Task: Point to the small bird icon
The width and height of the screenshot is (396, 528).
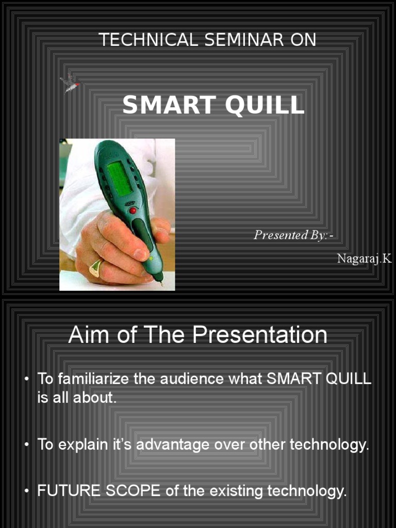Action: coord(70,82)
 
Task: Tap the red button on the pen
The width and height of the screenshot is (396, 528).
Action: coord(133,210)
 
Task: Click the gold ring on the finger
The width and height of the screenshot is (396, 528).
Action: coord(96,268)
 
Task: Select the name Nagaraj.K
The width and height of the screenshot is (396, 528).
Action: coord(364,258)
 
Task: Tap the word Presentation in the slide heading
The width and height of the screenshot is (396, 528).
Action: coord(260,335)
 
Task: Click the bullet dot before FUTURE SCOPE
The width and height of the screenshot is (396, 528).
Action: coord(26,491)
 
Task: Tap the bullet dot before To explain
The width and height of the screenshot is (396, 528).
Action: coord(26,445)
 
